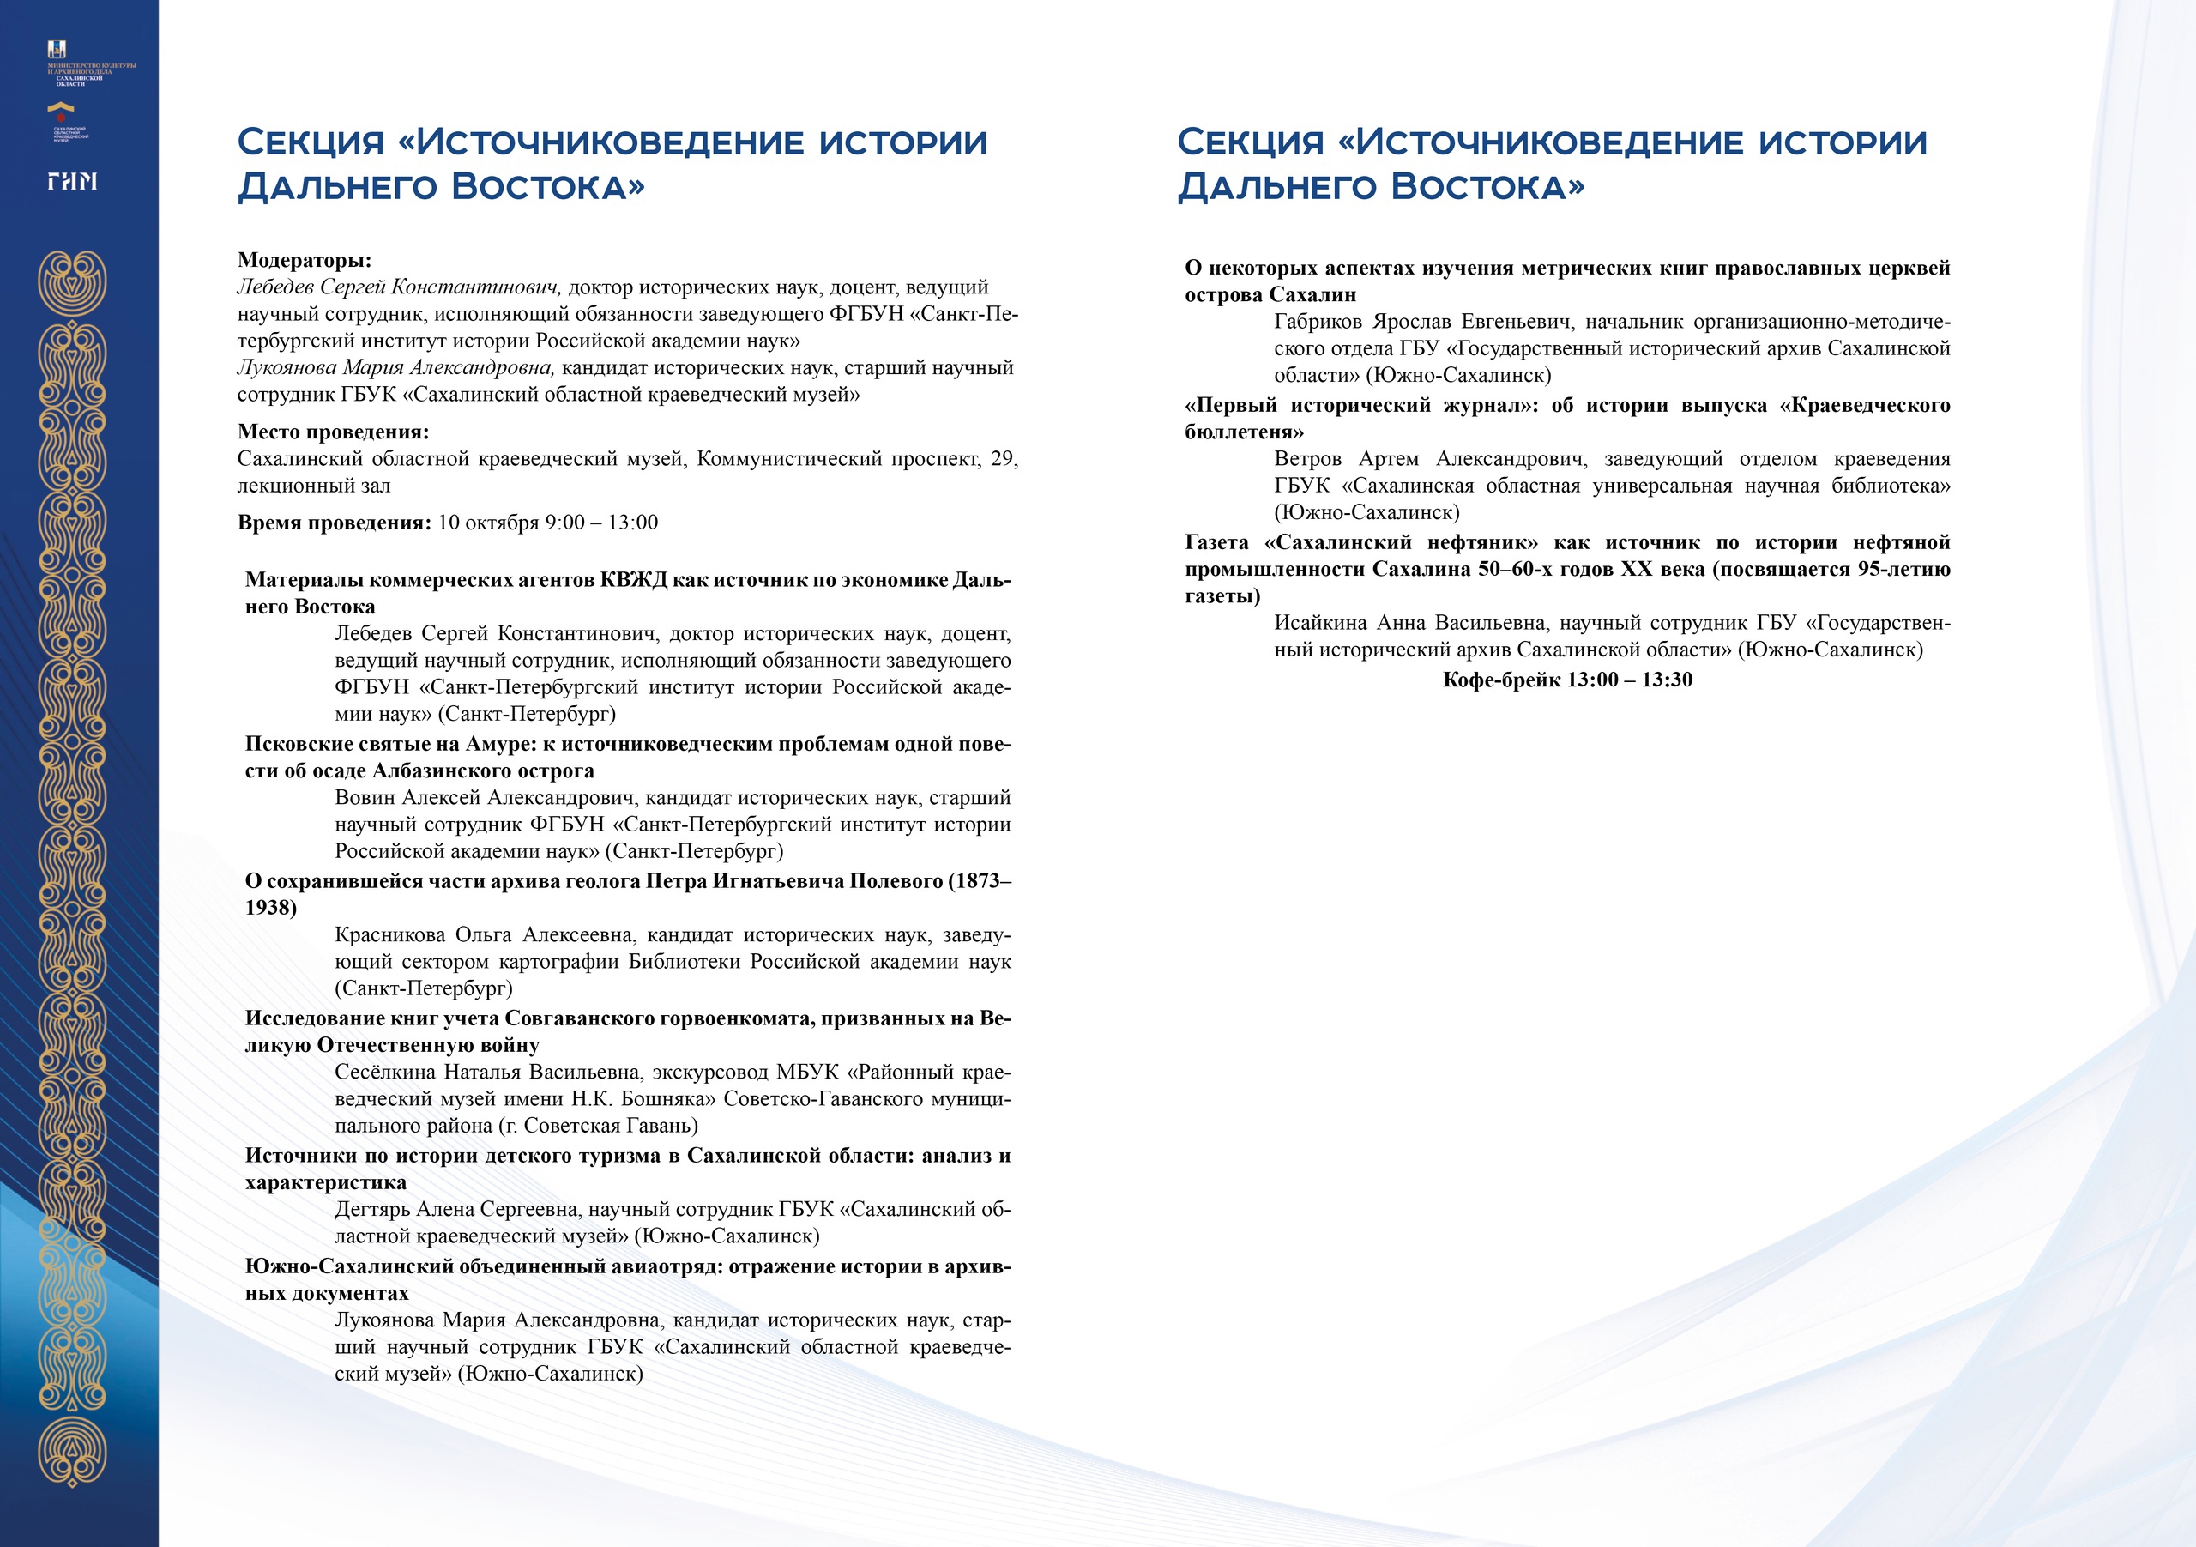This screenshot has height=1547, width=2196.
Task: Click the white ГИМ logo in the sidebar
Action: pos(73,181)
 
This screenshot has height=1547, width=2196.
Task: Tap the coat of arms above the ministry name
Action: pos(57,50)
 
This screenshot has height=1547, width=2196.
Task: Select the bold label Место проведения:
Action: pos(333,432)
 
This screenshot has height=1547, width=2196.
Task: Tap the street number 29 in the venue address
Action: pos(1004,459)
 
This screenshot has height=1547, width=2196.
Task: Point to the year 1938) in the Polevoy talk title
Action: pos(271,907)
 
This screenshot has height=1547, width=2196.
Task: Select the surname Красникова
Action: pos(389,934)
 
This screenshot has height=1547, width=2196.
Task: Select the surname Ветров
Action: pos(1307,459)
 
